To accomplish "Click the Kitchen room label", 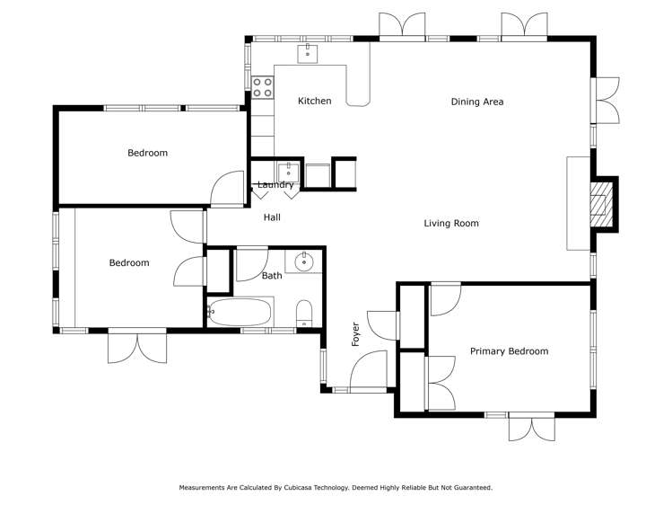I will click(x=314, y=102).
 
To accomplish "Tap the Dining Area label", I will click(x=476, y=102).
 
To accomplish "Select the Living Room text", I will click(x=451, y=224).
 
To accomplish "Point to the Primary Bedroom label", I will click(x=509, y=351).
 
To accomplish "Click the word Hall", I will click(x=272, y=217).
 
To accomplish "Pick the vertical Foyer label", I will click(x=355, y=334).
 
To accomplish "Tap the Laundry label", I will click(x=275, y=185).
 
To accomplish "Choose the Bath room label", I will click(x=272, y=276).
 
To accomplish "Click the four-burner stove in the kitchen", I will click(x=263, y=87).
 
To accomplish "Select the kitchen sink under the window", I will click(x=309, y=53).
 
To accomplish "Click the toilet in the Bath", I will click(x=304, y=314).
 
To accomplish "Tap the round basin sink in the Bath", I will click(x=304, y=262).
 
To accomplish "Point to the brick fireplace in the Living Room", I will click(x=600, y=203).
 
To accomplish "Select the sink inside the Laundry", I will click(x=287, y=171).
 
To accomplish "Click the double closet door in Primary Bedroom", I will click(x=440, y=382).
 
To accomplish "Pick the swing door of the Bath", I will click(x=250, y=263).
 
